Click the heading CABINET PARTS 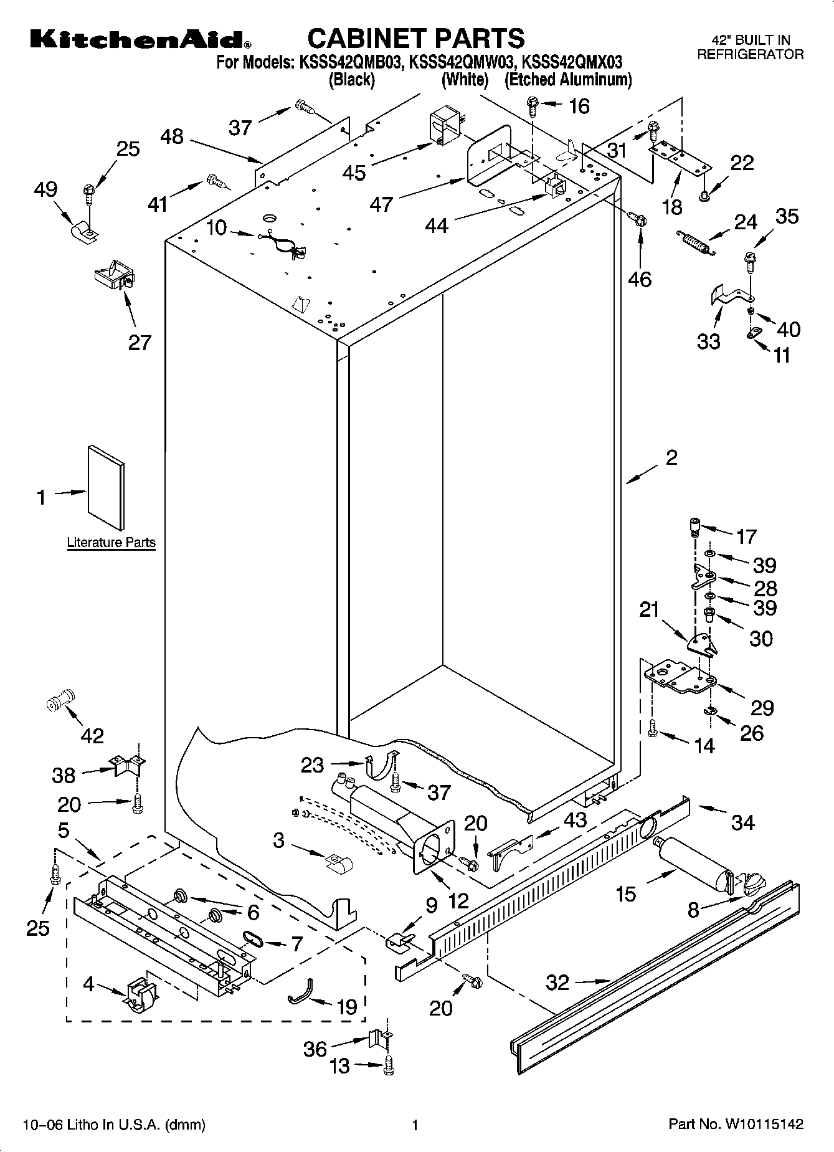pos(416,38)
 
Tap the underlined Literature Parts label pos(111,542)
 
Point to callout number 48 pos(172,136)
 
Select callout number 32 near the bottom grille pos(557,983)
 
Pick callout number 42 pos(92,736)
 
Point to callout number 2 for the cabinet pos(671,458)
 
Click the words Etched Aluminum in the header pos(568,80)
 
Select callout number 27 pos(140,342)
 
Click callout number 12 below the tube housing pos(458,902)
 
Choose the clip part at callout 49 pos(86,231)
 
